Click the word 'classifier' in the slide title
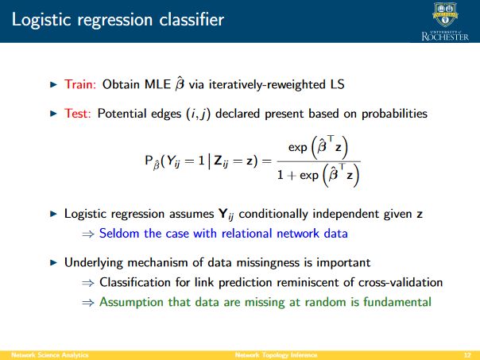(192, 20)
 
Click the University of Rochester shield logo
(445, 14)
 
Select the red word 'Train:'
(80, 84)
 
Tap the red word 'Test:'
(77, 114)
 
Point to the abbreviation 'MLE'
(157, 84)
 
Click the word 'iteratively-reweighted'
(267, 84)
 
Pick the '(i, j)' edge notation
(199, 114)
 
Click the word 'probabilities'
(394, 114)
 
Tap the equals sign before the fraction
(267, 161)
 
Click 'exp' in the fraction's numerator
(297, 148)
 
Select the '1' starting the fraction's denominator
(280, 175)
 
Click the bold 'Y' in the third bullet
(223, 213)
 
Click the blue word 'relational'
(246, 234)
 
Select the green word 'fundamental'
(397, 302)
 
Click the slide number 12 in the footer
(467, 355)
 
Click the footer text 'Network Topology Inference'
(276, 355)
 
